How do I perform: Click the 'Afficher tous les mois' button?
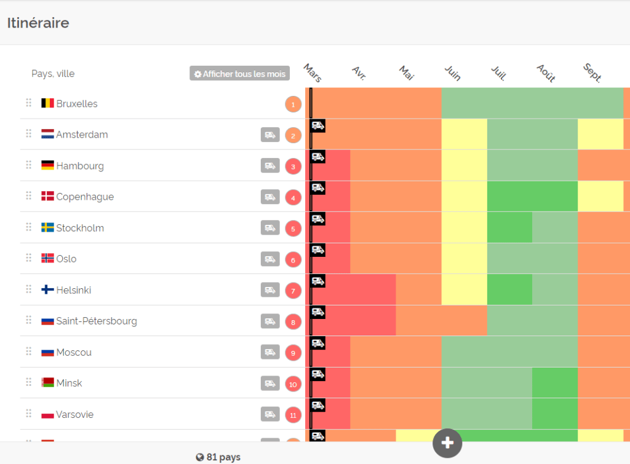[239, 74]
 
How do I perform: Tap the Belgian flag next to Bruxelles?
[47, 103]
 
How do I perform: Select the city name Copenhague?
[85, 197]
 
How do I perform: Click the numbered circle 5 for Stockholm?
[293, 229]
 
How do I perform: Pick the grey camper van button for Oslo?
[269, 259]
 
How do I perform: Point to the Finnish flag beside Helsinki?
[47, 290]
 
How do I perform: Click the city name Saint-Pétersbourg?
[97, 321]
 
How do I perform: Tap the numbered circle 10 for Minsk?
[293, 384]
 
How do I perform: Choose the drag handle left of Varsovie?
[28, 414]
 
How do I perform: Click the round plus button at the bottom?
[447, 443]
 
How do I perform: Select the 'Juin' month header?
[453, 73]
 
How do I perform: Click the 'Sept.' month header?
[592, 73]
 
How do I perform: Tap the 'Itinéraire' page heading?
[38, 23]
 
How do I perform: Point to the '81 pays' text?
[218, 457]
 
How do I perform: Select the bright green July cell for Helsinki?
[509, 289]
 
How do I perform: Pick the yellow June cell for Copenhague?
[464, 197]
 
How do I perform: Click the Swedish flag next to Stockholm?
[47, 228]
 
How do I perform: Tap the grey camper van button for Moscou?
[269, 352]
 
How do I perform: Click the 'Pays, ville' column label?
[53, 74]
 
